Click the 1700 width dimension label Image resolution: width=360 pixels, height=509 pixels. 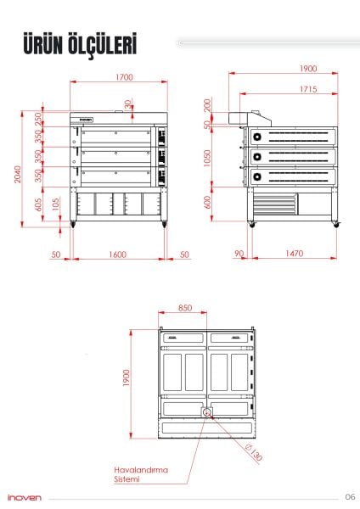coord(123,78)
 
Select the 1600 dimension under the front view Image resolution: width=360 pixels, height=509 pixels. coord(117,255)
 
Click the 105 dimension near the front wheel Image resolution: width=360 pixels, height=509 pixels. coord(55,204)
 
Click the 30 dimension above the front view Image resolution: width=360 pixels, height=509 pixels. coord(127,104)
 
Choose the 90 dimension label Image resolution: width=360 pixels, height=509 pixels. coord(239,255)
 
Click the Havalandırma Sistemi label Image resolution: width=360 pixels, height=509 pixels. coord(137,473)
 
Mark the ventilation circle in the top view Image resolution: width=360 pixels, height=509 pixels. coord(206,412)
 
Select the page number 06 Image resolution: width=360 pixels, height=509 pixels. coord(349,497)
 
